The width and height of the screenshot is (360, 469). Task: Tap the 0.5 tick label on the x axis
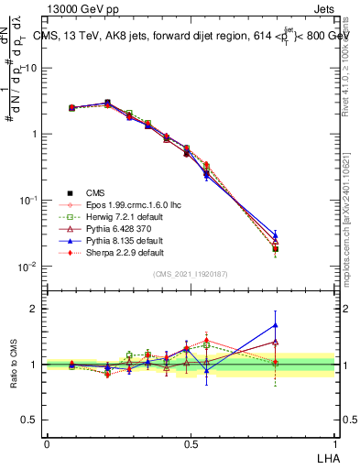tap(191, 443)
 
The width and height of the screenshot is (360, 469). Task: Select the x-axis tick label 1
tap(335, 443)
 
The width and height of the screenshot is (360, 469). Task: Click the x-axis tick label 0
tap(47, 443)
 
